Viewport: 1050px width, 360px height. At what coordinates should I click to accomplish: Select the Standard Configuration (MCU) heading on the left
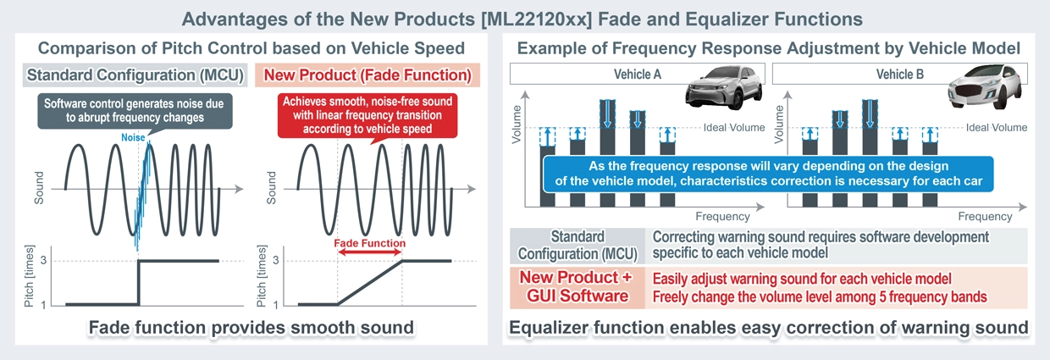tap(135, 75)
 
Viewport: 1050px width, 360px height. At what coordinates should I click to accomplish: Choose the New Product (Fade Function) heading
tap(367, 75)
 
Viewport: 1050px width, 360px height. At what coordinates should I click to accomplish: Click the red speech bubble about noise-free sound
tap(367, 116)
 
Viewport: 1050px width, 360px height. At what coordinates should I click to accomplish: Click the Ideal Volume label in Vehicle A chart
tap(734, 128)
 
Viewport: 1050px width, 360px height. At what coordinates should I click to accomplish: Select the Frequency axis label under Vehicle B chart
tap(985, 217)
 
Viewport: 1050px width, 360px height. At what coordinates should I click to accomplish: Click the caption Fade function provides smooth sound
tap(246, 328)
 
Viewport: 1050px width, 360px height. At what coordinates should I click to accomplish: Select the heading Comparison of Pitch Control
tap(252, 49)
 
